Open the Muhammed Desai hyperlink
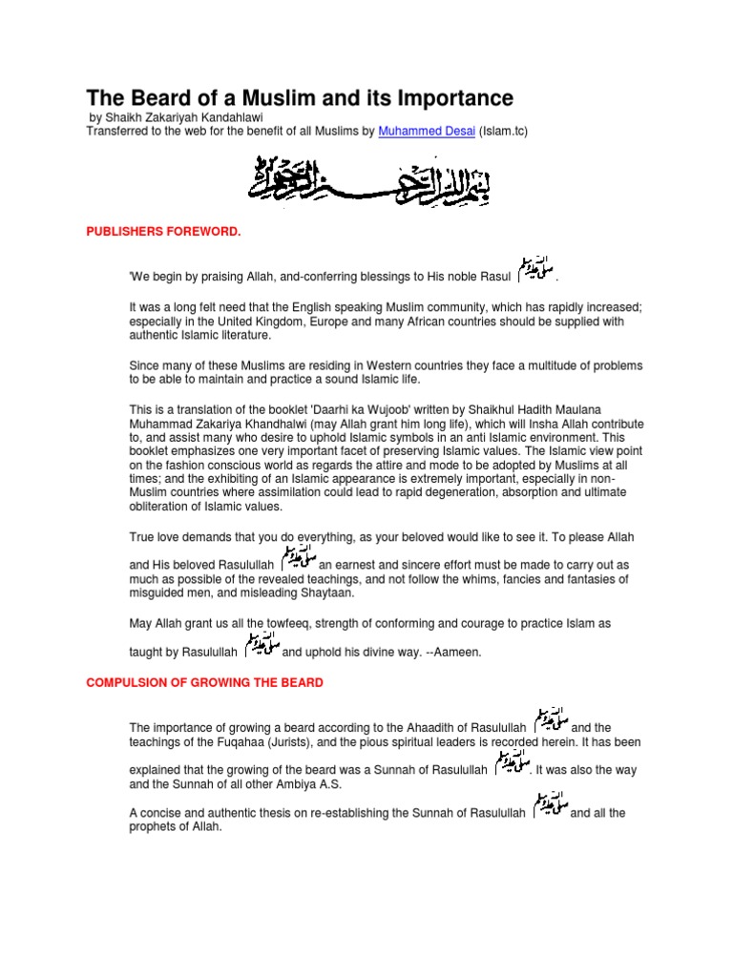[427, 131]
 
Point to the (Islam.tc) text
[503, 131]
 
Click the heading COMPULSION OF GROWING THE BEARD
[204, 682]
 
